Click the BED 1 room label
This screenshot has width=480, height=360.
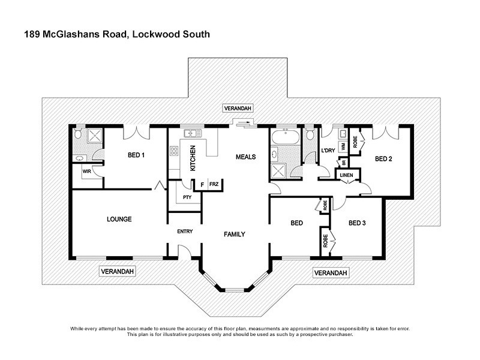pyautogui.click(x=136, y=155)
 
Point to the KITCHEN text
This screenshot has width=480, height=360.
pyautogui.click(x=193, y=158)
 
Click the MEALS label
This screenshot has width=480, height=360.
pyautogui.click(x=245, y=157)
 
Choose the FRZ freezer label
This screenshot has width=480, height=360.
pyautogui.click(x=214, y=185)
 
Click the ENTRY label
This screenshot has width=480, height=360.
pyautogui.click(x=184, y=232)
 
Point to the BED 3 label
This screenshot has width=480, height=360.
pyautogui.click(x=356, y=223)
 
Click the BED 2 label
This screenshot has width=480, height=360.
pyautogui.click(x=383, y=159)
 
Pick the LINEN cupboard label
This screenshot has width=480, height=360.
pyautogui.click(x=347, y=175)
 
